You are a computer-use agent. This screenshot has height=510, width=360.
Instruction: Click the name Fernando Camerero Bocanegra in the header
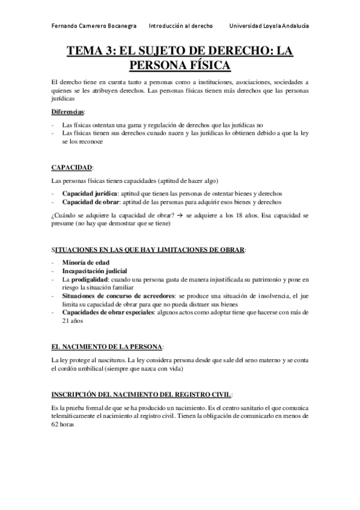[x=94, y=26]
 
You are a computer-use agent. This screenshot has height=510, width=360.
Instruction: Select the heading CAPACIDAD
[x=72, y=167]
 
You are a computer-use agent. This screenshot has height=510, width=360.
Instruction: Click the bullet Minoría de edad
[x=85, y=263]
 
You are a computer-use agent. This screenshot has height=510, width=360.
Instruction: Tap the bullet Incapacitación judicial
[x=94, y=271]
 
